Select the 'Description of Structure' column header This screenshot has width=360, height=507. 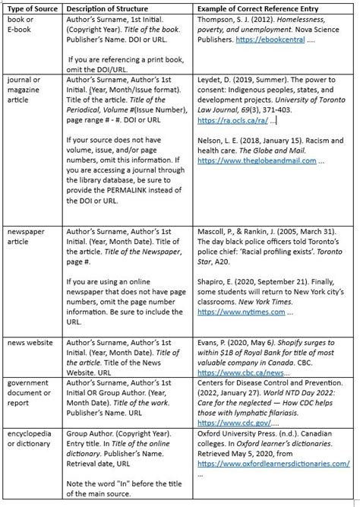point(111,8)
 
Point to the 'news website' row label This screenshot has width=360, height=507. point(30,343)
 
